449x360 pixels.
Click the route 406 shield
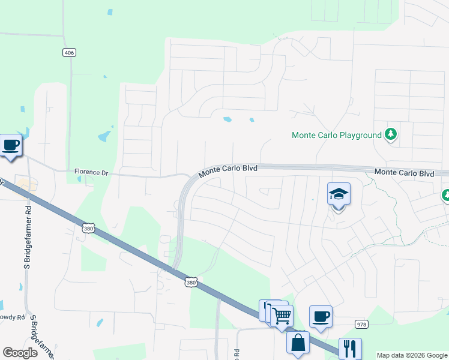[x=69, y=53]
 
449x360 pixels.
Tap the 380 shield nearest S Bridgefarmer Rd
[x=88, y=228]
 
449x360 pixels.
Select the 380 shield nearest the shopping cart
[x=191, y=281]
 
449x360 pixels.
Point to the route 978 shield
[x=361, y=324]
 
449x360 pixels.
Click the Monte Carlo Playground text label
[x=336, y=135]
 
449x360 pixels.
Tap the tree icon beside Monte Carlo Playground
[x=391, y=134]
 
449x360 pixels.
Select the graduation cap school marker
[x=339, y=194]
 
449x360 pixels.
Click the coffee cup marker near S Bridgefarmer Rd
[x=11, y=145]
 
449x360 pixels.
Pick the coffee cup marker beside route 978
[x=321, y=316]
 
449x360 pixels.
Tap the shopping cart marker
[x=282, y=315]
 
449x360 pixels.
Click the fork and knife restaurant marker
[x=350, y=349]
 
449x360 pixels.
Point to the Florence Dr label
[x=91, y=172]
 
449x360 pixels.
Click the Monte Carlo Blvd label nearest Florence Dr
[x=228, y=170]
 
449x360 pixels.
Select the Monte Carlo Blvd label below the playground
[x=404, y=173]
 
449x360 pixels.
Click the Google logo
[x=20, y=352]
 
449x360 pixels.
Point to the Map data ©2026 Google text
[x=412, y=355]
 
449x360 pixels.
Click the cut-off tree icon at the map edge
[x=445, y=195]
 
